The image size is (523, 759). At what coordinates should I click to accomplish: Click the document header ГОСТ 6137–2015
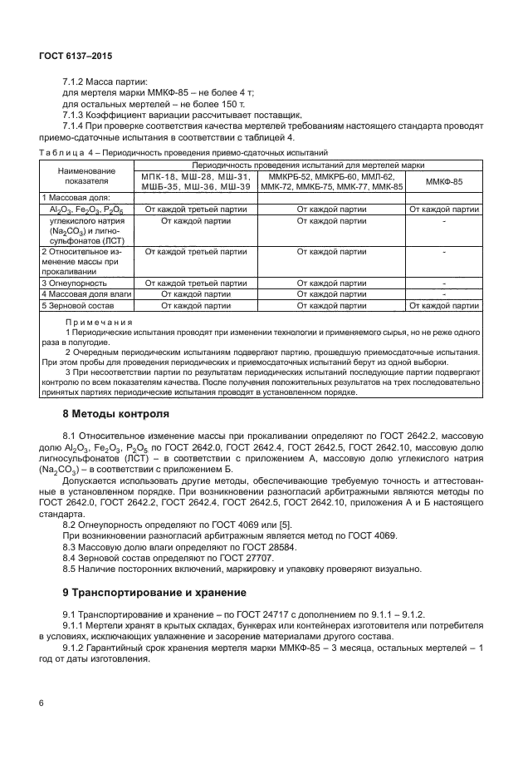tap(76, 56)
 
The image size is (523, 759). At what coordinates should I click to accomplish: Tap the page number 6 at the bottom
tap(42, 703)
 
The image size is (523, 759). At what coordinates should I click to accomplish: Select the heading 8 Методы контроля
tap(116, 413)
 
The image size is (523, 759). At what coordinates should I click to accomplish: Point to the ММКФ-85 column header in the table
tap(444, 181)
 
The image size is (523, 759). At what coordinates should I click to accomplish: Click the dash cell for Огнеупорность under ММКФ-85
tap(444, 283)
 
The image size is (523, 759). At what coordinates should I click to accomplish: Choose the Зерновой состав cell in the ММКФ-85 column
tap(444, 306)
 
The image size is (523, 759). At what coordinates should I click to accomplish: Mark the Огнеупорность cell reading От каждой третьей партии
tap(195, 283)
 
